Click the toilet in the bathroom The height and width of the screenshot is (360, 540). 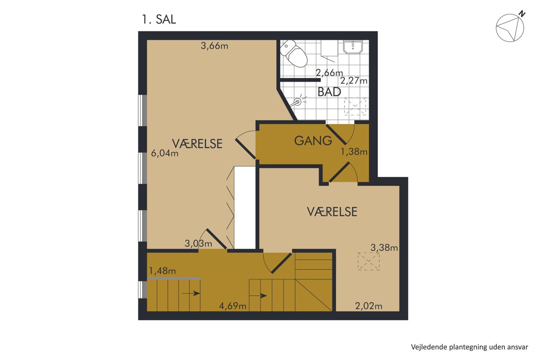[x=294, y=53]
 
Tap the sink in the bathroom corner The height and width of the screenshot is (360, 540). [x=353, y=47]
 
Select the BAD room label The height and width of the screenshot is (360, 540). [x=329, y=92]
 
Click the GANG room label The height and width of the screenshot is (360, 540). [x=313, y=141]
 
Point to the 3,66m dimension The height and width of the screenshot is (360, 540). [x=214, y=45]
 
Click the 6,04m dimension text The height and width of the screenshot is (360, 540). [x=165, y=153]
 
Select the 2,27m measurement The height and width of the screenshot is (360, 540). [x=354, y=81]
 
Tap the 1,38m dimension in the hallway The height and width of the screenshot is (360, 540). [x=354, y=152]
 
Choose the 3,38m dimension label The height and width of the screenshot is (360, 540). [x=384, y=247]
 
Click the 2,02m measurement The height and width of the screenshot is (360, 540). [x=369, y=306]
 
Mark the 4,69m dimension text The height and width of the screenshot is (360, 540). [x=233, y=306]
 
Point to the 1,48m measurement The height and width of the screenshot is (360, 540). [x=162, y=271]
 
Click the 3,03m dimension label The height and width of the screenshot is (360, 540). [x=198, y=243]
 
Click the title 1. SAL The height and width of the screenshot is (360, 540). [x=159, y=19]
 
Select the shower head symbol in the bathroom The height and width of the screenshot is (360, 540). [x=298, y=102]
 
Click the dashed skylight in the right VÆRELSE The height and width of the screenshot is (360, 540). [x=369, y=261]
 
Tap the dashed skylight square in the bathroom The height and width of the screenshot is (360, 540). [x=355, y=107]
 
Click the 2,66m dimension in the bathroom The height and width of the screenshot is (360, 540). [x=329, y=72]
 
